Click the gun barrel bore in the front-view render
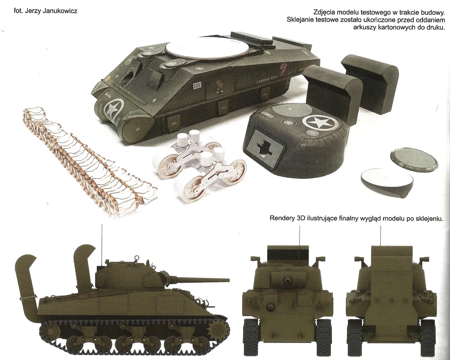(x=287, y=280)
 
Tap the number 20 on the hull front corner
(x=137, y=129)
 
